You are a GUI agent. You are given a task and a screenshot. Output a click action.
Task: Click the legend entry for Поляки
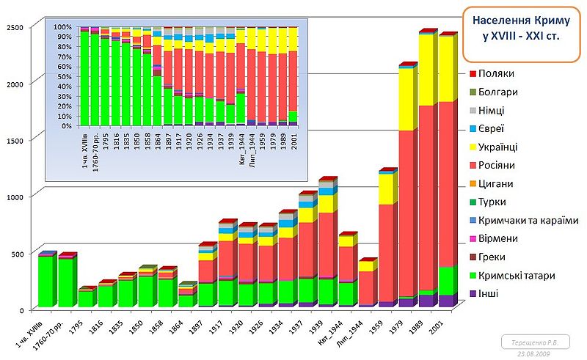[492, 74]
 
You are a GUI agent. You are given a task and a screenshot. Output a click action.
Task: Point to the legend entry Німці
[492, 111]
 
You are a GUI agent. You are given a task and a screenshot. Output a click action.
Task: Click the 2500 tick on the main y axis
[15, 27]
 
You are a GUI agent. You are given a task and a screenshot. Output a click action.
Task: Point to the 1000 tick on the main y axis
[15, 196]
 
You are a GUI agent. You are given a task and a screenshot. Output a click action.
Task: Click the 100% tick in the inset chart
[62, 27]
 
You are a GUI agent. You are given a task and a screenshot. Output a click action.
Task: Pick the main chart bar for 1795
[86, 298]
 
